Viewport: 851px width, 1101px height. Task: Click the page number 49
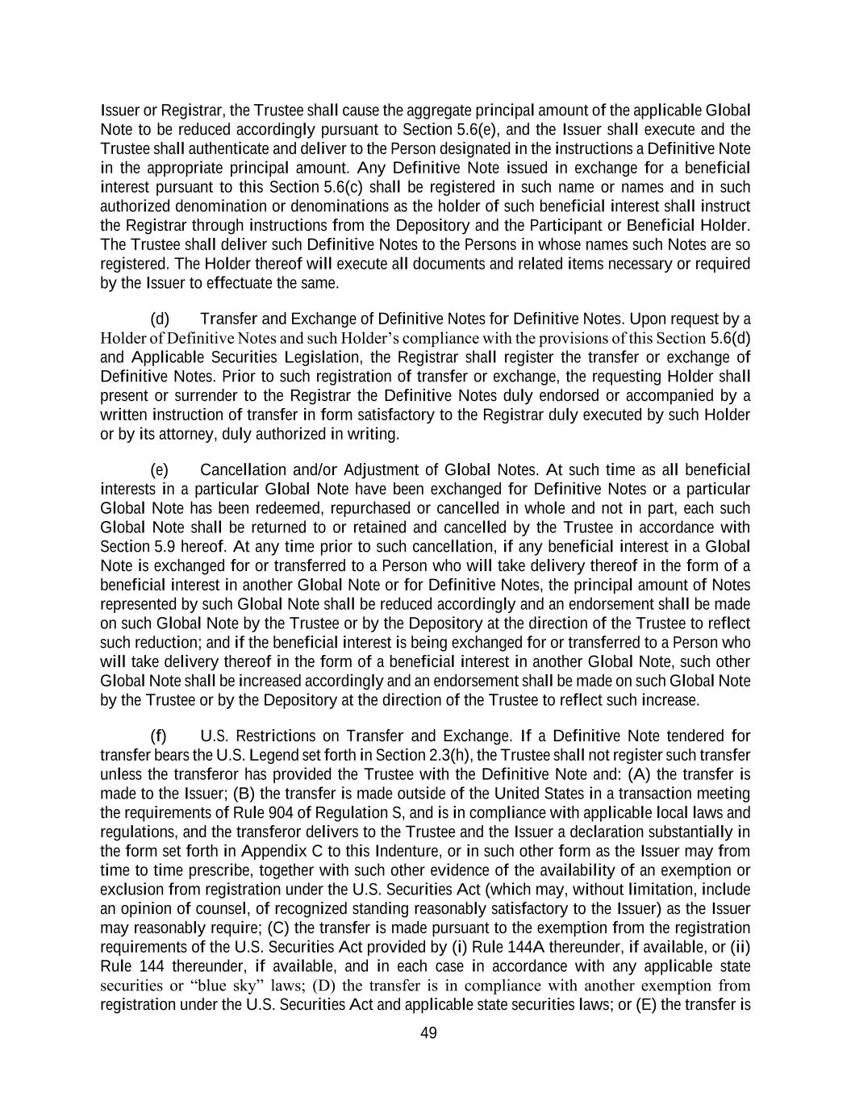[x=428, y=1033]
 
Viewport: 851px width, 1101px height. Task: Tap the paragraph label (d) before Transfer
[x=160, y=318]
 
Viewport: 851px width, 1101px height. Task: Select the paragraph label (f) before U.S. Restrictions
[x=159, y=736]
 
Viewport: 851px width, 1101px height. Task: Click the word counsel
[x=219, y=908]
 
